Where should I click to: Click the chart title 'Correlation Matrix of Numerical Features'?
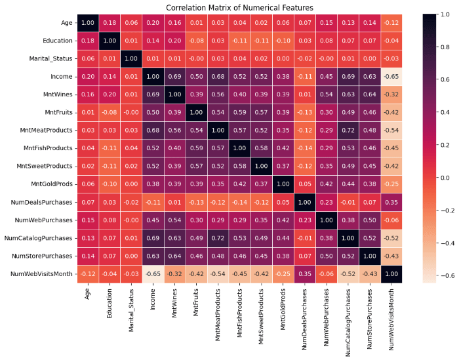click(x=239, y=7)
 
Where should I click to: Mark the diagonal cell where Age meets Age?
click(x=88, y=23)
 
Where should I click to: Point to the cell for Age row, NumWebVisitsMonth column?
click(x=393, y=23)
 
